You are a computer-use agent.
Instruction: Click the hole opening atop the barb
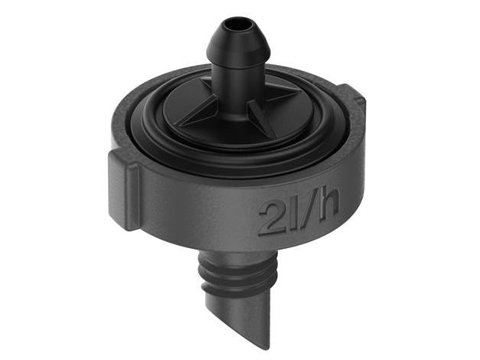[x=236, y=25]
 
